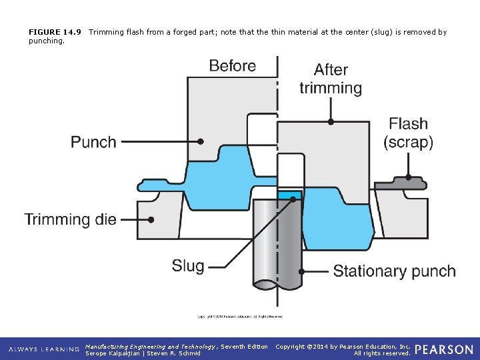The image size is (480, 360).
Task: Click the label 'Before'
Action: (232, 66)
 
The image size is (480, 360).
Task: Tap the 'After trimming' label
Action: (331, 79)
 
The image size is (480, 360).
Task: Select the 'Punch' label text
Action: (93, 142)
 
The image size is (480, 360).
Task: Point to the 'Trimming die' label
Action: (71, 219)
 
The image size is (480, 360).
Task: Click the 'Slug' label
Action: (188, 266)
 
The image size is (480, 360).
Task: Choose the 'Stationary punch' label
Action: (394, 271)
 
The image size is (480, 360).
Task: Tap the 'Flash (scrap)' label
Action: (408, 133)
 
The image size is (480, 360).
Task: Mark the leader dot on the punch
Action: (201, 142)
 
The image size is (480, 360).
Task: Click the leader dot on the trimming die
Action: (152, 219)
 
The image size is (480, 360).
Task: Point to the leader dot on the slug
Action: (291, 197)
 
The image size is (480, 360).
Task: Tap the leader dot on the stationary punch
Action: (302, 271)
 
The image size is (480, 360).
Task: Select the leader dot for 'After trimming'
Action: (331, 122)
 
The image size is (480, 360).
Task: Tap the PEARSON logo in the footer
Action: (444, 349)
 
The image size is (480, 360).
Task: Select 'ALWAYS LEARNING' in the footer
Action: (43, 349)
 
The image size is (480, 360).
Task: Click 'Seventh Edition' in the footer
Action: (244, 346)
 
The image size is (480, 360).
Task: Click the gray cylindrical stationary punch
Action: (277, 240)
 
